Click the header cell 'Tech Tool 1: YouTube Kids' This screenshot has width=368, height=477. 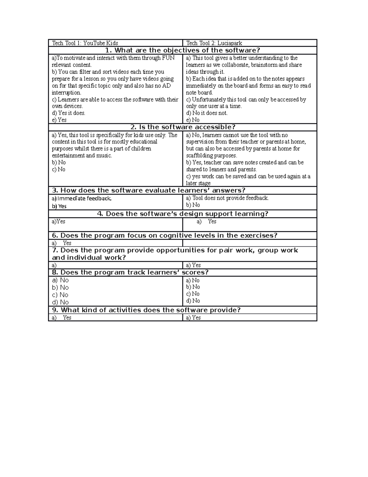point(85,43)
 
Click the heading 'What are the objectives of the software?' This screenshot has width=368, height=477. point(182,50)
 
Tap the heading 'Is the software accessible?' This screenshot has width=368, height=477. point(183,127)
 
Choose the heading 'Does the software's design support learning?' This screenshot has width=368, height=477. point(182,214)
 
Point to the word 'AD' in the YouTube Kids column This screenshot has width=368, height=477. point(167,86)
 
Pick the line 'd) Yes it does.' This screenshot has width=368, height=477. point(68,113)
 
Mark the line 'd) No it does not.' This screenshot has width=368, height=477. point(207,113)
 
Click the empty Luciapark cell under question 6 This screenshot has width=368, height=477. point(250,243)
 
